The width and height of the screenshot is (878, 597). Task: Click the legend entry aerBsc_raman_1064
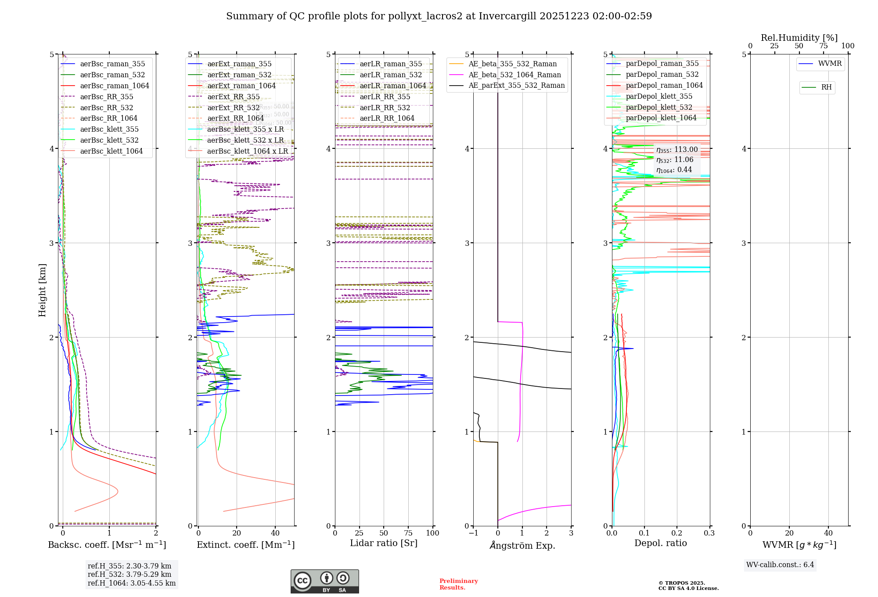[x=114, y=86]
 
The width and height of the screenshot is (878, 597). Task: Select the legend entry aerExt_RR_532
[x=233, y=108]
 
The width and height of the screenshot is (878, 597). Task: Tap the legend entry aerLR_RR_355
[x=385, y=97]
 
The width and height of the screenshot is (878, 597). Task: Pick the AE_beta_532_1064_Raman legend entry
[x=515, y=75]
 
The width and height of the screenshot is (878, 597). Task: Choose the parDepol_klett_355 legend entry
[x=658, y=97]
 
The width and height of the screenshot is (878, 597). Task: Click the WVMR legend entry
[x=829, y=64]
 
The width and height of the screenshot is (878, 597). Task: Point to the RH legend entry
[x=826, y=87]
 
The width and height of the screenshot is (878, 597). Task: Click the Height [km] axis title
[x=42, y=290]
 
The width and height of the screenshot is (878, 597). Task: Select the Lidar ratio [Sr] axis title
[x=383, y=543]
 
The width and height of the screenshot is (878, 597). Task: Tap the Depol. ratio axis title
[x=660, y=543]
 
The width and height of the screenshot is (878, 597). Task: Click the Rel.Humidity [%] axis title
[x=799, y=38]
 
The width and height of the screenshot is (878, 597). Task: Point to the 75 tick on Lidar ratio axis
[x=408, y=533]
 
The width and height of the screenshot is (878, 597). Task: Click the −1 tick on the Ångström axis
[x=473, y=533]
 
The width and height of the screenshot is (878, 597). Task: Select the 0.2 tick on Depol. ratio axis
[x=677, y=533]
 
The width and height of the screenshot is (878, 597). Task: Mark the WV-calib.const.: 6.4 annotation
[x=780, y=565]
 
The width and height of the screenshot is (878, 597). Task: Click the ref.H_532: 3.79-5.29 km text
[x=130, y=575]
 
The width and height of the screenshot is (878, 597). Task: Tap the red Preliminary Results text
[x=458, y=584]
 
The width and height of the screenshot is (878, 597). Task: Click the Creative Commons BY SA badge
[x=324, y=582]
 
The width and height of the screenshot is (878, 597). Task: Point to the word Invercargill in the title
[x=507, y=16]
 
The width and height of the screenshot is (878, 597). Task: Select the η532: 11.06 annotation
[x=675, y=160]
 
